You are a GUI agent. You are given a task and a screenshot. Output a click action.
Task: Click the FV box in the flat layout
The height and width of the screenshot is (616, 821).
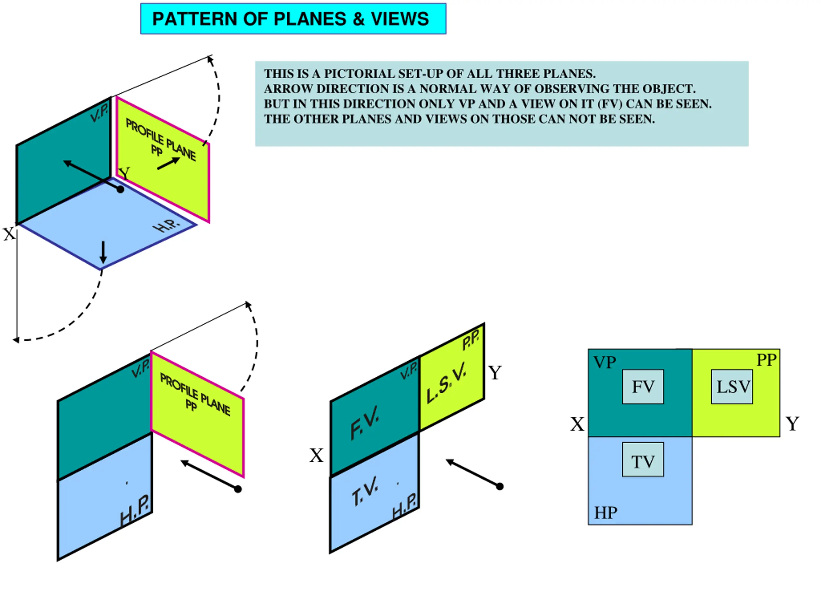point(643,387)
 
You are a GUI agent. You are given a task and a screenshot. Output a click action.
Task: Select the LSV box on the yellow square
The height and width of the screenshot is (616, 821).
point(732,387)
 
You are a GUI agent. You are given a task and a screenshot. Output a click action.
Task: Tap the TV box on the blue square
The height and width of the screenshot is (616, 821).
point(643,460)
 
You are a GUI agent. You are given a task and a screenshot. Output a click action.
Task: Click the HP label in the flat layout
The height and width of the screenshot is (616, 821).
point(605,513)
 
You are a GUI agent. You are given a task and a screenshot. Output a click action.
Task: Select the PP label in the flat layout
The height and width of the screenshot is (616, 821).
point(766,360)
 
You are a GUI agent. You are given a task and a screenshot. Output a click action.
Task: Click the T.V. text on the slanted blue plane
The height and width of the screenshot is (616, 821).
point(365,491)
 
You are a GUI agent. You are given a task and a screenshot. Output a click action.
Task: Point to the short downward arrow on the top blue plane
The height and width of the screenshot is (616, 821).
point(103,252)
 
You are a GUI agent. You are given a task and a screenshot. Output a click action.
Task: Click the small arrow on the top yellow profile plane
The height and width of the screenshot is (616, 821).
point(169,163)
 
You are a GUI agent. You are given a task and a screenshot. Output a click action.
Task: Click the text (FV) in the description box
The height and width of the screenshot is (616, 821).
point(609,104)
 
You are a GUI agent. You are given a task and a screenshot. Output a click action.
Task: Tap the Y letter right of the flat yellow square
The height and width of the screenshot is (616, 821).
point(792,424)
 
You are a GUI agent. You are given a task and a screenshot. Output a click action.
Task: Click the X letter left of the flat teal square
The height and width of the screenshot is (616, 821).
point(577,424)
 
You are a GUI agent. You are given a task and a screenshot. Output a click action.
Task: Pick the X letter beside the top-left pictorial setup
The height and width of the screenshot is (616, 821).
point(9,234)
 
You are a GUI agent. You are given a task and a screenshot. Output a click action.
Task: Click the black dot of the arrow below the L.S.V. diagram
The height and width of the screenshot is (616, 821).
point(500,486)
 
